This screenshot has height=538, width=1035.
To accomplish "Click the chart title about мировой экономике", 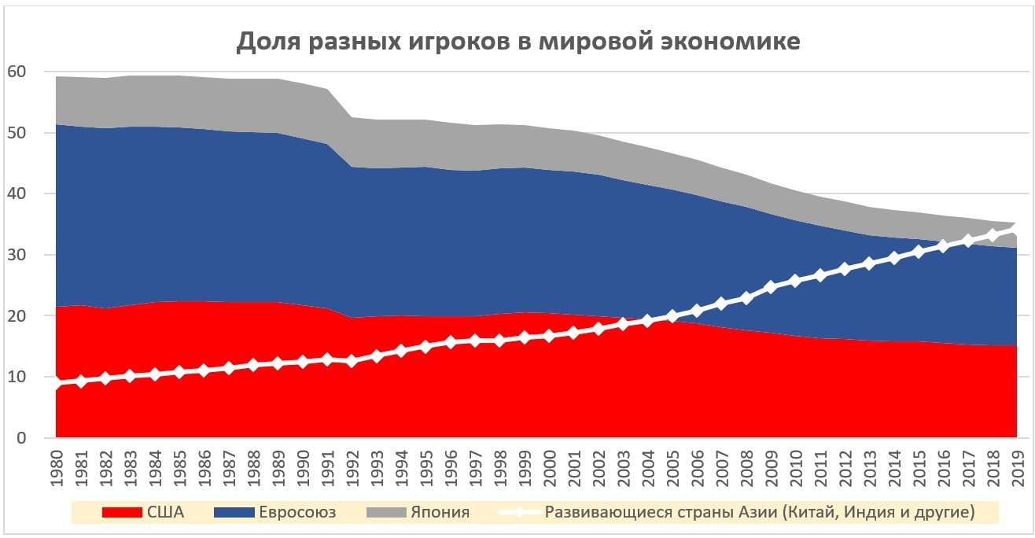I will pyautogui.click(x=518, y=42).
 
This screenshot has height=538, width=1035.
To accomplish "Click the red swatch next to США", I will pyautogui.click(x=122, y=513).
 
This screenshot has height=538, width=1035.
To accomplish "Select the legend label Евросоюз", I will pyautogui.click(x=297, y=513).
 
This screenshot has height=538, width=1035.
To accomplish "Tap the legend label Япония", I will pyautogui.click(x=440, y=513).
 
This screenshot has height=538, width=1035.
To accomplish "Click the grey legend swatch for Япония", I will pyautogui.click(x=386, y=513).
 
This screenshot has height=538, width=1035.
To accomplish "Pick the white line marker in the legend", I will pyautogui.click(x=519, y=513).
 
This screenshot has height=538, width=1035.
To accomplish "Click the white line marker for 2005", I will pyautogui.click(x=672, y=316).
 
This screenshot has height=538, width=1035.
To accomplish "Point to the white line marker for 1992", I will pyautogui.click(x=352, y=361).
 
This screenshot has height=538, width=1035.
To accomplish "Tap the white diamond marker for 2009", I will pyautogui.click(x=771, y=287).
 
